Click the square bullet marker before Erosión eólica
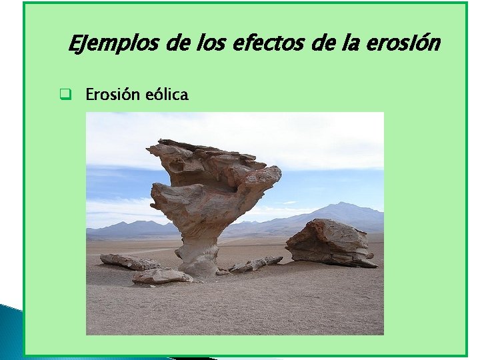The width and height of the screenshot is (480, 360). coord(65,95)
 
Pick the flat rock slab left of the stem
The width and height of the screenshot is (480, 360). coord(130,261)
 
